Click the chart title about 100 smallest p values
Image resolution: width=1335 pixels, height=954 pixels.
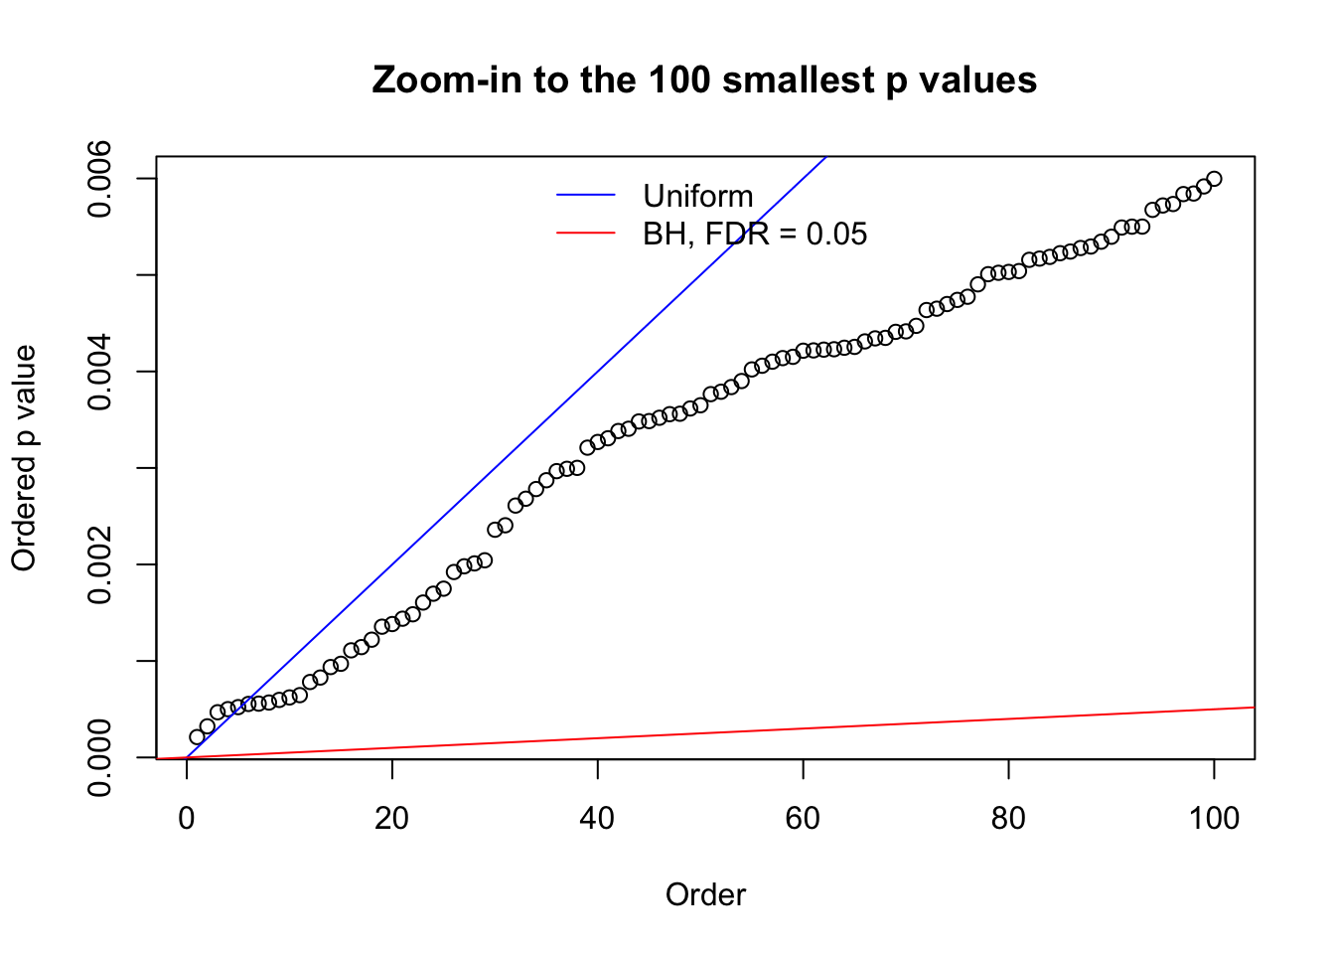pyautogui.click(x=704, y=79)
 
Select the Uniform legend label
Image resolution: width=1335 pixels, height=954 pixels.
pyautogui.click(x=697, y=196)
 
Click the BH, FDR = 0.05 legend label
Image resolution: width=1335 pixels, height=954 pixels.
pyautogui.click(x=755, y=234)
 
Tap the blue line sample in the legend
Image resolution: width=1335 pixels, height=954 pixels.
pyautogui.click(x=586, y=196)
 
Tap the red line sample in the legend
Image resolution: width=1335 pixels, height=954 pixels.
pyautogui.click(x=586, y=234)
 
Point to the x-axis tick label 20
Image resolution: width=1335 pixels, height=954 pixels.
pyautogui.click(x=392, y=818)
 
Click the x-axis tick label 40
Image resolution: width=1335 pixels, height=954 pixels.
pyautogui.click(x=597, y=818)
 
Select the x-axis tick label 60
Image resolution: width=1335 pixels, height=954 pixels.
pyautogui.click(x=803, y=818)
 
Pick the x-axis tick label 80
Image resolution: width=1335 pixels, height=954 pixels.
pyautogui.click(x=1008, y=818)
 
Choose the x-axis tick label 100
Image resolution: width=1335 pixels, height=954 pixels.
pyautogui.click(x=1214, y=818)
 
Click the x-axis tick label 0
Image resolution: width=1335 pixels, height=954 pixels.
pyautogui.click(x=187, y=818)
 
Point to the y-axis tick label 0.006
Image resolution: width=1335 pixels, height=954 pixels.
pyautogui.click(x=102, y=179)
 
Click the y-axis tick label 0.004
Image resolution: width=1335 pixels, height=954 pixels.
pyautogui.click(x=102, y=372)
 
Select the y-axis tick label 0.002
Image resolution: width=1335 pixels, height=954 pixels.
pyautogui.click(x=102, y=564)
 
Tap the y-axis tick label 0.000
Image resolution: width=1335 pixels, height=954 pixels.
pyautogui.click(x=102, y=757)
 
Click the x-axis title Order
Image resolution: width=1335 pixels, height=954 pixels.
pyautogui.click(x=705, y=895)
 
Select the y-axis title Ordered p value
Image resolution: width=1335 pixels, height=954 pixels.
pyautogui.click(x=24, y=458)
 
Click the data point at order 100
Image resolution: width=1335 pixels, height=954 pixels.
pyautogui.click(x=1214, y=179)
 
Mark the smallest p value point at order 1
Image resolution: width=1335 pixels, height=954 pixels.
pyautogui.click(x=197, y=736)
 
